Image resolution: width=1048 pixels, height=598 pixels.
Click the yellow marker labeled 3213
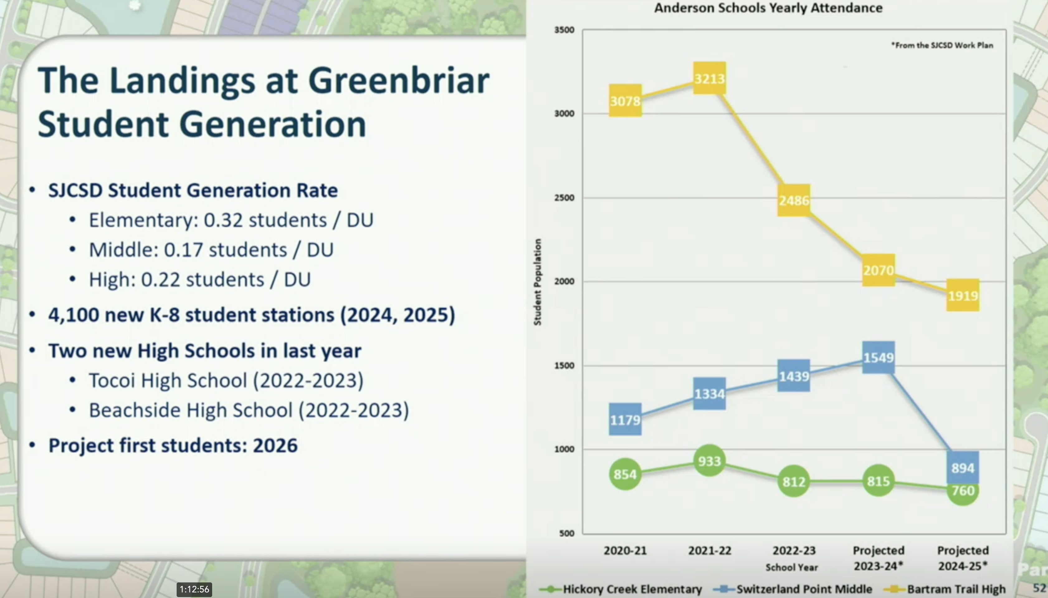click(x=709, y=78)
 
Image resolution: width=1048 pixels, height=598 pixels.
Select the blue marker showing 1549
click(x=879, y=357)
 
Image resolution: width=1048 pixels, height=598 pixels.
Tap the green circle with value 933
click(x=709, y=461)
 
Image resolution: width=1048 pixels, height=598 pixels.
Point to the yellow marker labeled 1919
click(x=963, y=295)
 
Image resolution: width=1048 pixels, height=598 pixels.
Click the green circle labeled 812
click(x=794, y=481)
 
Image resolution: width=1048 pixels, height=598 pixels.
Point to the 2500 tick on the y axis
click(x=564, y=198)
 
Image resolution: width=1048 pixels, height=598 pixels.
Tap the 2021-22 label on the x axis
click(x=710, y=550)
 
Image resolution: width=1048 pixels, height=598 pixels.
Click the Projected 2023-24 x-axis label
click(x=879, y=558)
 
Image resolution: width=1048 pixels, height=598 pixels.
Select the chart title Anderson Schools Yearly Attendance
click(x=768, y=8)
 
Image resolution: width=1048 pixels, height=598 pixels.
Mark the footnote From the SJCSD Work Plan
click(x=942, y=45)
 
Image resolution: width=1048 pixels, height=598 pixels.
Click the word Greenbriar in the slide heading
click(x=398, y=80)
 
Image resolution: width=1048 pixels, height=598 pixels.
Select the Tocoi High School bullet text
click(x=226, y=380)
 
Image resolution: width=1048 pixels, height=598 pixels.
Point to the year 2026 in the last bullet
click(x=275, y=446)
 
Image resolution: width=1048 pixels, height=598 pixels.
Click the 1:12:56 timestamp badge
click(x=194, y=589)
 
